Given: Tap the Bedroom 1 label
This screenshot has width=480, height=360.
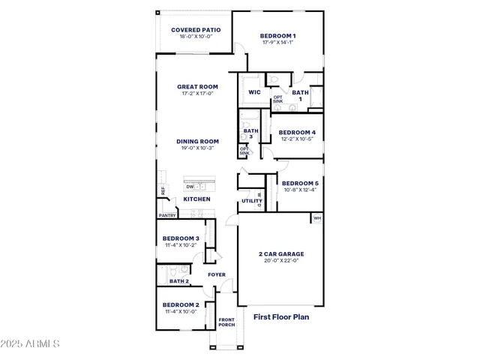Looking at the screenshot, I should point(277,36).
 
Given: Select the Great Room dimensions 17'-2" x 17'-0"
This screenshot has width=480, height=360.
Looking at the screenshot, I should point(197,94).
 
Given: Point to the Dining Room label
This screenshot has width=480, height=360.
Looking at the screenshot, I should point(197,141).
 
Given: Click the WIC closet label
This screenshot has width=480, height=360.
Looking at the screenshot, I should point(253,93).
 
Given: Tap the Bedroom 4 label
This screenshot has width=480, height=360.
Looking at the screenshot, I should point(297,132).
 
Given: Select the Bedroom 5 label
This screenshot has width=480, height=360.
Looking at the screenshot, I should point(300,183).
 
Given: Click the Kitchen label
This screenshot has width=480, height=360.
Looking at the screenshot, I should point(196,199).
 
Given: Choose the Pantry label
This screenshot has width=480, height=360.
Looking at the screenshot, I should point(166,215).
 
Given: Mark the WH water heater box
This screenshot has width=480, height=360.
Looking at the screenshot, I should point(317,218).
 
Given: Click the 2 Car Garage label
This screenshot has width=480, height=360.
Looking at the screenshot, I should point(281,253).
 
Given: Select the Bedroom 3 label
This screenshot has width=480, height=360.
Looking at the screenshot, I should point(181,238).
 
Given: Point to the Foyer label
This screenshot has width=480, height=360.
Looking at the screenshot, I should point(217,274).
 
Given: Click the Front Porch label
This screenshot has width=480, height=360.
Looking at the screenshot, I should point(226,322).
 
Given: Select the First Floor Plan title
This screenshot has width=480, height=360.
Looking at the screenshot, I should point(281,317).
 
